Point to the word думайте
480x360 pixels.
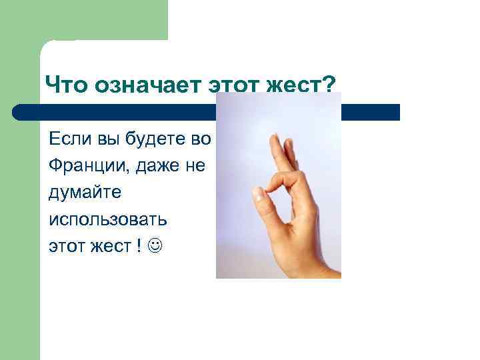pos(84,193)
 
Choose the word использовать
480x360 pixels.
pos(108,219)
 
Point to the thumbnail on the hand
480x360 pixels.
pos(259,194)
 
